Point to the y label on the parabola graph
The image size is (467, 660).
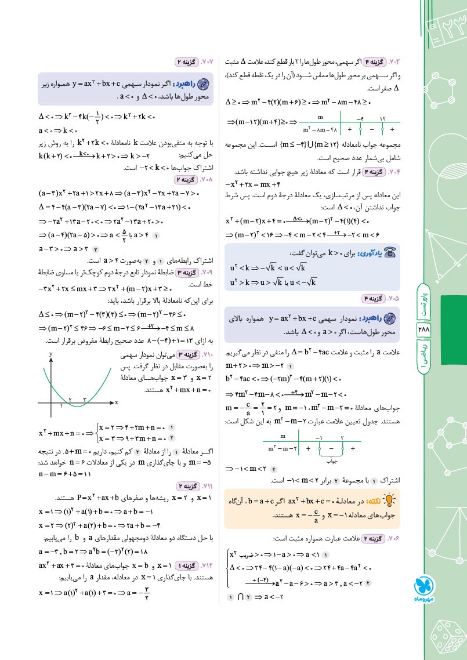pos(51,353)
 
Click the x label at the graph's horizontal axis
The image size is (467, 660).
pos(116,402)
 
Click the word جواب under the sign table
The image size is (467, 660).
pos(331,462)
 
